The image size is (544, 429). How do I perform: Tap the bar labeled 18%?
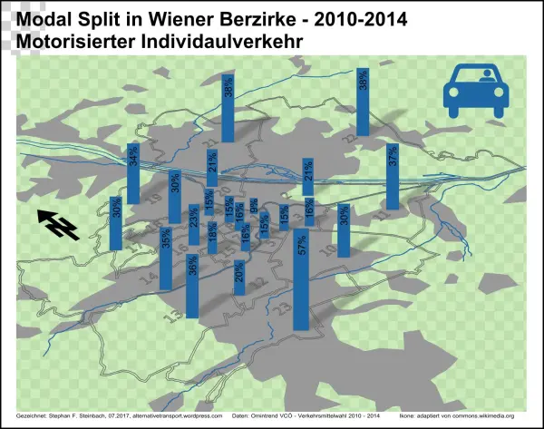tap(212, 239)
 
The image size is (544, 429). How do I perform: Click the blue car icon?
tap(475, 87)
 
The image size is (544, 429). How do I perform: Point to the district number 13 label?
tap(175, 313)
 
